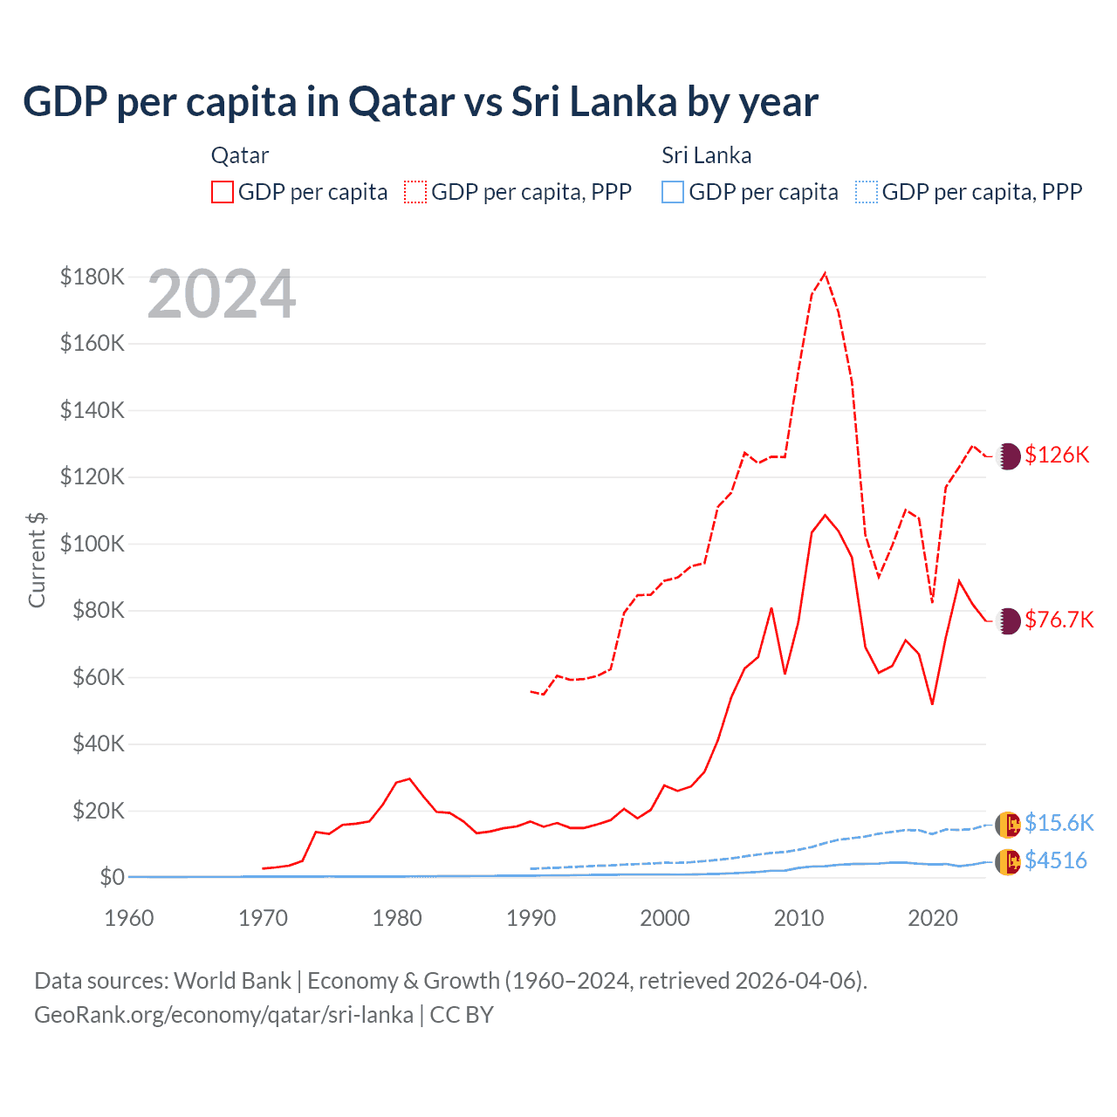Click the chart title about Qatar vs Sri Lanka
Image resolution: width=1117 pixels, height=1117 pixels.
[420, 102]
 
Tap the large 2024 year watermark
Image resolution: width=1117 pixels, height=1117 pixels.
[222, 294]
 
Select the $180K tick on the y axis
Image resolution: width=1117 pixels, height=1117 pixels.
[93, 277]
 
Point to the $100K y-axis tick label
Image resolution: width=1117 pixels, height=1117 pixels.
[93, 544]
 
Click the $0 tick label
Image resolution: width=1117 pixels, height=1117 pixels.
[112, 877]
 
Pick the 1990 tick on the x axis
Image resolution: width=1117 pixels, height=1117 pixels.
[531, 918]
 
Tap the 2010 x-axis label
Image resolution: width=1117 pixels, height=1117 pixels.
[798, 918]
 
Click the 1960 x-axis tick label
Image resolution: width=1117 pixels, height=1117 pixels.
[129, 918]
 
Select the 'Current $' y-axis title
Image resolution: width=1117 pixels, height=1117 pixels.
[37, 559]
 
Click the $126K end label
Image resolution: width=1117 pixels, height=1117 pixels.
[1057, 455]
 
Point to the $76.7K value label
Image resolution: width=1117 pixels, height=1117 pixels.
[1059, 620]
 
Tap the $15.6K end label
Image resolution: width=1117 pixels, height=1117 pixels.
[1059, 823]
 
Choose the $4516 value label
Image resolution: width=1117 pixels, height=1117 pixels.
[1056, 860]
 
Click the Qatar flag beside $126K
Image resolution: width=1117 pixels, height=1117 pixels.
[1008, 456]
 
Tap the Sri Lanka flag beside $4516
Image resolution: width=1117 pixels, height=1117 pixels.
[1008, 862]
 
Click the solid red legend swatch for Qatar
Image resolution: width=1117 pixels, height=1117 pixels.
[223, 192]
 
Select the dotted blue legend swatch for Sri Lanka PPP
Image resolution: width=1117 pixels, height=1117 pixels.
[867, 192]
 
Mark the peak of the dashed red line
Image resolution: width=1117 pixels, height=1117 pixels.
[825, 273]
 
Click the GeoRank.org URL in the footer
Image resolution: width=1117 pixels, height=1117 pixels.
[223, 1015]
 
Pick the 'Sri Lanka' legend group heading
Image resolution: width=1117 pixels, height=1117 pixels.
[706, 155]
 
